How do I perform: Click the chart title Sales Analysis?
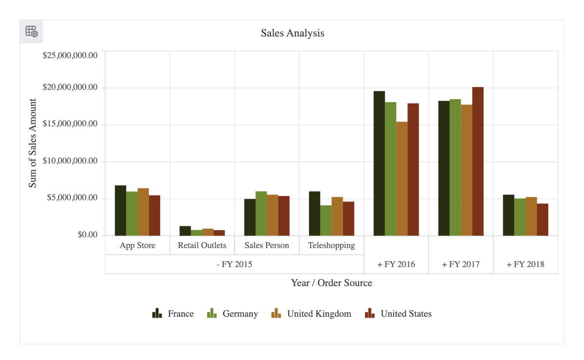292,33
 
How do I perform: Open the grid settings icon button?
31,31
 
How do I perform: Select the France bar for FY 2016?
379,163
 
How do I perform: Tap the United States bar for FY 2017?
478,161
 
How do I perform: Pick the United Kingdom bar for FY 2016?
402,178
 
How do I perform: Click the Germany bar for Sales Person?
261,213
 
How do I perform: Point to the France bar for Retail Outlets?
185,231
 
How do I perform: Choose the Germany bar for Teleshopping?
326,220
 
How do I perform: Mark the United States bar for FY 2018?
543,219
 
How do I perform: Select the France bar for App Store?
120,210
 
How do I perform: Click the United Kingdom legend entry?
311,314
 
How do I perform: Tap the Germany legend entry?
232,314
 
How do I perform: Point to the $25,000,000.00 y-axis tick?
70,55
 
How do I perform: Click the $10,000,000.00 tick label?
70,162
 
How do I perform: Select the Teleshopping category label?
331,245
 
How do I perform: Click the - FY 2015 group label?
235,265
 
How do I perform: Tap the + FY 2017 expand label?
460,265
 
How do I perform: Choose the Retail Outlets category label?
202,245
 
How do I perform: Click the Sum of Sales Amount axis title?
33,143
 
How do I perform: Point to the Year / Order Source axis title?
331,283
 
